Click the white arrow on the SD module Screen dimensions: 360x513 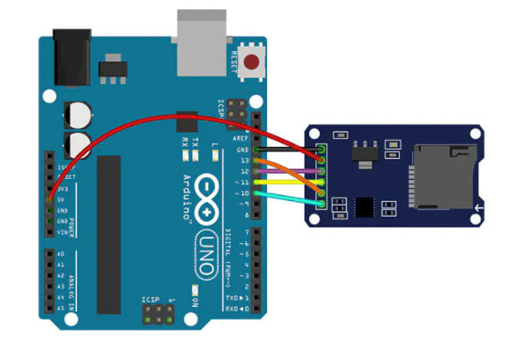tap(476, 213)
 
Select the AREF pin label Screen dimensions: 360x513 tap(244, 139)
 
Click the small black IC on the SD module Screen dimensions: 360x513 tap(367, 206)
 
